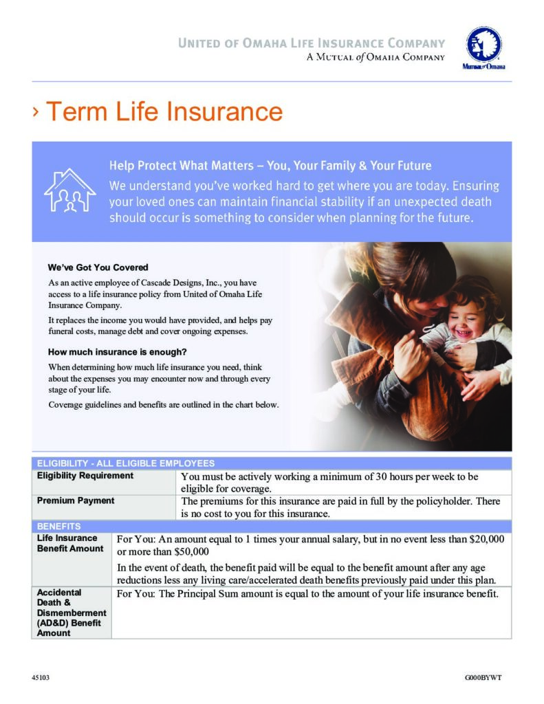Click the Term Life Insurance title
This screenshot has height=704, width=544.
pos(164,111)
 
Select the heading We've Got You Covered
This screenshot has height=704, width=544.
pos(98,267)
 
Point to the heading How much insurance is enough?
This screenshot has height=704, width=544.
pos(113,353)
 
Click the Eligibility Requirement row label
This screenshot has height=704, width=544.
pos(85,476)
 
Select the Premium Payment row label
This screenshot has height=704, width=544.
pos(76,500)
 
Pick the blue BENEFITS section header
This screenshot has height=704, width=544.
pos(59,526)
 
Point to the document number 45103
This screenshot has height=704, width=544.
pos(41,678)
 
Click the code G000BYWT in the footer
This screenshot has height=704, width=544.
pos(483,678)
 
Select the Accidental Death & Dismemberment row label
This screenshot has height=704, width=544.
pos(72,612)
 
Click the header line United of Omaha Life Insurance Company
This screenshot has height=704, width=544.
pos(312,43)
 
